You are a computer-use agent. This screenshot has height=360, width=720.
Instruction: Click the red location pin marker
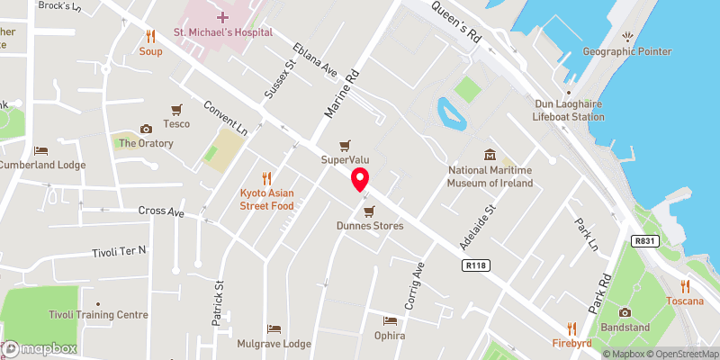point(360,179)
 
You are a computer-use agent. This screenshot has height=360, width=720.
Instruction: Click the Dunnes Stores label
point(369,226)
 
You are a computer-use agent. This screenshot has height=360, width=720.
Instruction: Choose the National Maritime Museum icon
point(490,155)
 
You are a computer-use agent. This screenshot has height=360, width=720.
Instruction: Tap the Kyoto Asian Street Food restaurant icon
point(266,177)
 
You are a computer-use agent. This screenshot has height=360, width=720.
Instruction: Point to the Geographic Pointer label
point(627,51)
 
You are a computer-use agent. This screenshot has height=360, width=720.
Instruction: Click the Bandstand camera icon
point(625,312)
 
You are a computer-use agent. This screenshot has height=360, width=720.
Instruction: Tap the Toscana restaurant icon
point(686,285)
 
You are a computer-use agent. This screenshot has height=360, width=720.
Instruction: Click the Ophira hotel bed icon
point(390,320)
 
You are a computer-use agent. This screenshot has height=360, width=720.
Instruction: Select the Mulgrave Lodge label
point(274,344)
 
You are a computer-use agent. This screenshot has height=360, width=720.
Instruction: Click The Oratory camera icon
point(146,129)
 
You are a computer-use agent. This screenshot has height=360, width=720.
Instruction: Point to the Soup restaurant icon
point(150,37)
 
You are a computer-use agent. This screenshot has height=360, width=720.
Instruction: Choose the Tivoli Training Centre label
point(99,315)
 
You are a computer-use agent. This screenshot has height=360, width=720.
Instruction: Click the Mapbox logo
point(40,348)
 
